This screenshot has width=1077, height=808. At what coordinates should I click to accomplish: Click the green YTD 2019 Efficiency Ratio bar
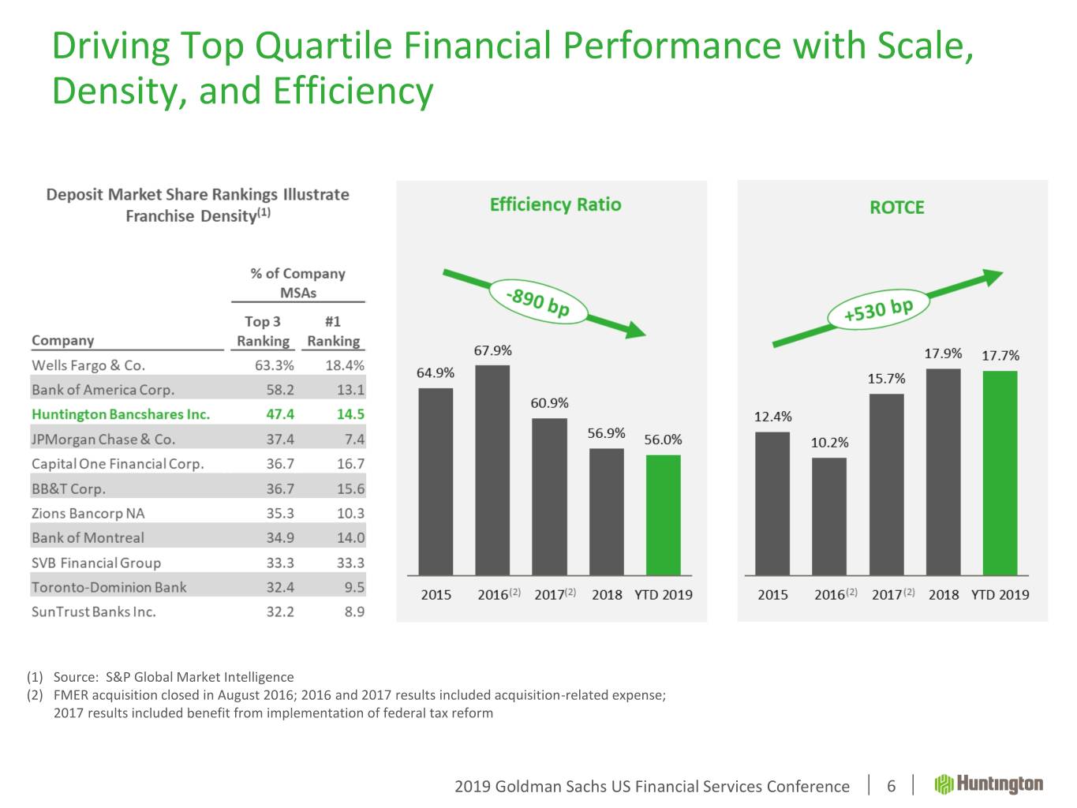(x=663, y=514)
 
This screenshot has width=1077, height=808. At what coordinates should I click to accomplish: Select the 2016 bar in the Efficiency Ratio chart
(x=492, y=469)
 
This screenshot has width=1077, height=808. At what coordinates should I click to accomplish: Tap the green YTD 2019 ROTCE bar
(x=1000, y=473)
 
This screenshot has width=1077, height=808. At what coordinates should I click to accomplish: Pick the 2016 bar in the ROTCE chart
(x=829, y=516)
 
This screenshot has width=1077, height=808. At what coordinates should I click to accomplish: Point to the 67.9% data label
(x=492, y=350)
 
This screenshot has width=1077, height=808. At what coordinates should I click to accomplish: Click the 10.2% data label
(x=829, y=443)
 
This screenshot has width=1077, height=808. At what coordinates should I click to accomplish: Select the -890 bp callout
(x=538, y=301)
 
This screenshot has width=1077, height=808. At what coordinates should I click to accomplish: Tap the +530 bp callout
(x=878, y=309)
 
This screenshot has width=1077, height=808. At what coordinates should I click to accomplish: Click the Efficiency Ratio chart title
(x=555, y=205)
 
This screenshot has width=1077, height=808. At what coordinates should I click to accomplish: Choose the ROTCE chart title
(x=896, y=208)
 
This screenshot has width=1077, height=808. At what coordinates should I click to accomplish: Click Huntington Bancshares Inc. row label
(x=121, y=414)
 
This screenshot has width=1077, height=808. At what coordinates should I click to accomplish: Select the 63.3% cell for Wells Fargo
(x=275, y=365)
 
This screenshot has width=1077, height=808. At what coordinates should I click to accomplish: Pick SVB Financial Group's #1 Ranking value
(x=350, y=563)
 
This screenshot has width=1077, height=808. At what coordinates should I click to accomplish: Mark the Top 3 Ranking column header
(x=263, y=331)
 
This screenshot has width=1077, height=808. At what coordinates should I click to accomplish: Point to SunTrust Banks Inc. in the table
(x=94, y=612)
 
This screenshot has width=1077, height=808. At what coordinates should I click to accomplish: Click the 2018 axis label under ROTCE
(x=944, y=595)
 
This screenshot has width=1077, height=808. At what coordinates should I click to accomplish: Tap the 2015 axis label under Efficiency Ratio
(x=436, y=595)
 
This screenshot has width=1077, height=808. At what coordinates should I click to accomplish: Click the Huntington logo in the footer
(x=989, y=784)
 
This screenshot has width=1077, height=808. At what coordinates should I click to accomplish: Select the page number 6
(x=892, y=786)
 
